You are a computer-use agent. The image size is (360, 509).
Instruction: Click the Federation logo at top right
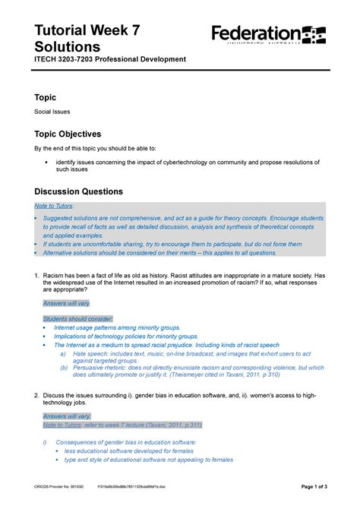point(268,35)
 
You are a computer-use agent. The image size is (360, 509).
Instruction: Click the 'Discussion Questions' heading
point(84,191)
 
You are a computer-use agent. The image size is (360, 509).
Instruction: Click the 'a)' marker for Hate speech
point(63,353)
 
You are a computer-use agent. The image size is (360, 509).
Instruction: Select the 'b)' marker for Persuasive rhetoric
point(63,368)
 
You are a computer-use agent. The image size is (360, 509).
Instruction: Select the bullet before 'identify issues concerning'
point(46,163)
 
